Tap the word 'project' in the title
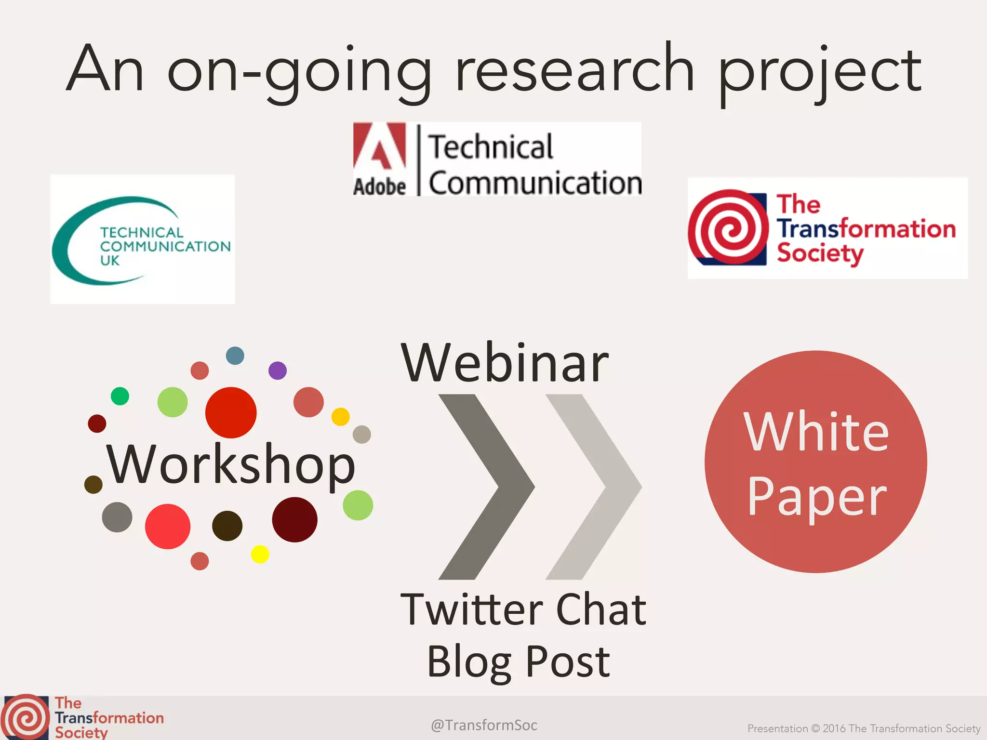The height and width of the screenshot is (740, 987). point(819,72)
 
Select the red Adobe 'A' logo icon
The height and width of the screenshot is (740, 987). point(380,147)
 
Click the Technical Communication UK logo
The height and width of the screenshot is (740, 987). point(142,239)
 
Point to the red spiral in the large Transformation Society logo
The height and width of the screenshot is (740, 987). point(728,227)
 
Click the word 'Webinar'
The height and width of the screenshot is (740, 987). point(505,364)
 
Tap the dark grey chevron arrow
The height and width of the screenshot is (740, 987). point(487,487)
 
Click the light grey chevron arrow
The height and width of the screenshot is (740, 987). point(594,487)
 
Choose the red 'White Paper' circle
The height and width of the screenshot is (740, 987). point(815,462)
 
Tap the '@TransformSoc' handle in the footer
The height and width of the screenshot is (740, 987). point(484,725)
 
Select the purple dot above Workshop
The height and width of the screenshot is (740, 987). point(277,370)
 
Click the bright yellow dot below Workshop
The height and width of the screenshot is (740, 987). point(260,554)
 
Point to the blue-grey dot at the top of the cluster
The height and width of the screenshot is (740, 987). point(235,356)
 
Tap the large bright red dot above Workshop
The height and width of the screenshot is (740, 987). point(231,412)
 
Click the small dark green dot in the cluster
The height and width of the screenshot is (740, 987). point(120,396)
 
